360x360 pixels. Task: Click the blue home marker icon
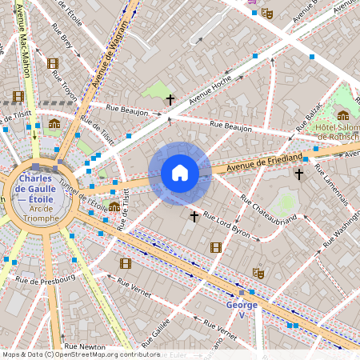click(x=180, y=173)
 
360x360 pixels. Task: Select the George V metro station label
click(x=242, y=305)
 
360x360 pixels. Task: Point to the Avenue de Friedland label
click(x=265, y=160)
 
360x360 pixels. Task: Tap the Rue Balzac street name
click(x=309, y=118)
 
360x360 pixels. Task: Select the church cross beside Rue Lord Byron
click(x=194, y=216)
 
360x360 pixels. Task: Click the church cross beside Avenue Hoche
click(x=170, y=99)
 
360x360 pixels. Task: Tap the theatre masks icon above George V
click(x=258, y=273)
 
